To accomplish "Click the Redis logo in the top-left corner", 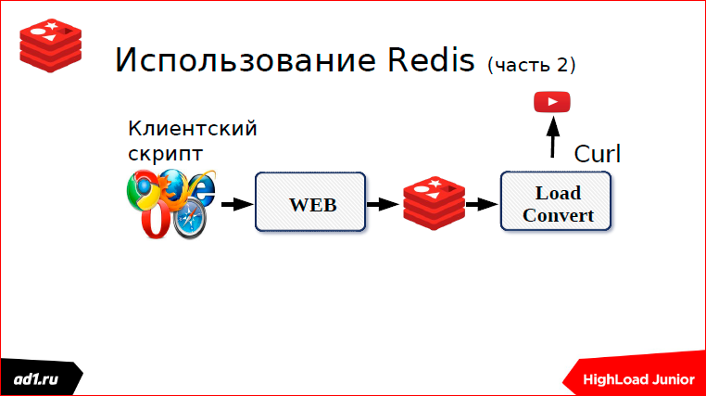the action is click(x=50, y=45).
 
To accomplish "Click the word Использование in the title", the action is click(x=246, y=59).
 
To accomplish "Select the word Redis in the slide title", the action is click(x=431, y=59).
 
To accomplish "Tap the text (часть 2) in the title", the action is click(x=531, y=65).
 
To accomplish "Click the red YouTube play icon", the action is click(x=552, y=102).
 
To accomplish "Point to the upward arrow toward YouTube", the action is click(x=553, y=137).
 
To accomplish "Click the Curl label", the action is click(x=597, y=154).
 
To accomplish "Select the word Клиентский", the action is click(x=193, y=128).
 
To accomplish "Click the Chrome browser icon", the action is click(x=143, y=190).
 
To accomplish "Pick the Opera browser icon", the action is click(x=156, y=220).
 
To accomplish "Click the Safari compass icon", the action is click(x=190, y=221).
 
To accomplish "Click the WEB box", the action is click(x=310, y=202).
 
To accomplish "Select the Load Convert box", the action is click(x=556, y=201).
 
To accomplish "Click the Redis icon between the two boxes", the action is click(x=434, y=203).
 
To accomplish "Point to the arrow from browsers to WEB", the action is click(x=237, y=204).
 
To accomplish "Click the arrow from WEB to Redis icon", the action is click(x=383, y=204).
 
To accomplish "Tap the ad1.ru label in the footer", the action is click(x=36, y=379).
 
